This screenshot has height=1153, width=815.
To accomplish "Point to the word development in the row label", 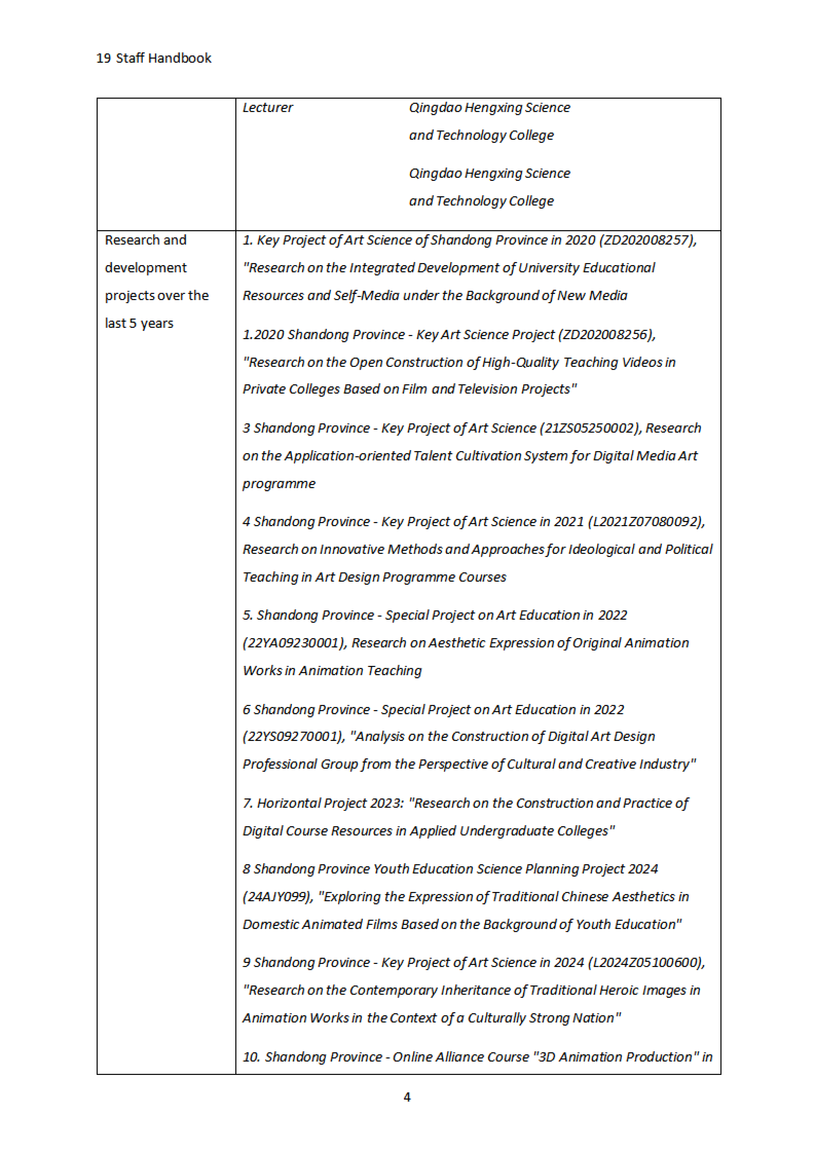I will point(146,268).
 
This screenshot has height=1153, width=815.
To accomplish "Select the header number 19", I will point(104,58).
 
